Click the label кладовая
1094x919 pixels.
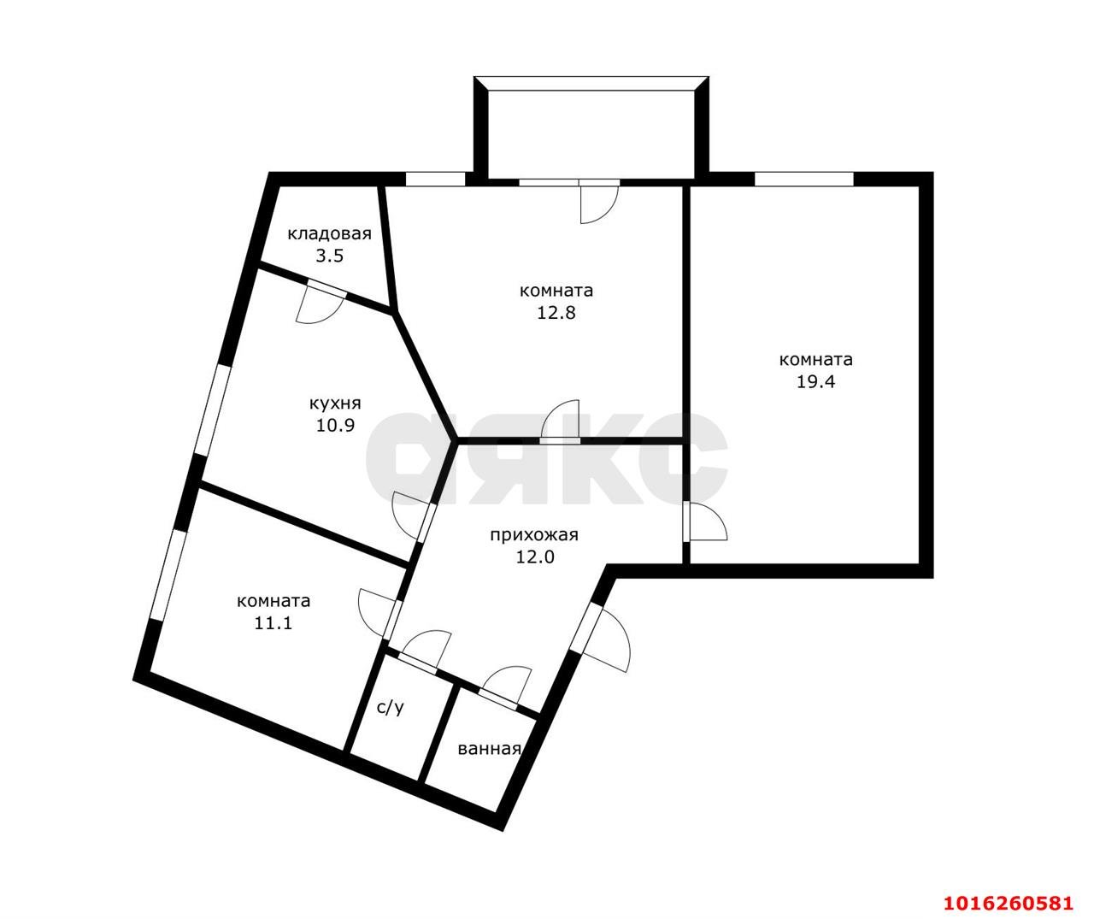[329, 234]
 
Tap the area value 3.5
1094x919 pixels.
[329, 256]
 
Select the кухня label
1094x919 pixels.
[335, 403]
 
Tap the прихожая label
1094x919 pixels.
[534, 535]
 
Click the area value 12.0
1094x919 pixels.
[534, 557]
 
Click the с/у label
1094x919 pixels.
[391, 707]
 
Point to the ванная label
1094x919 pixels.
[489, 749]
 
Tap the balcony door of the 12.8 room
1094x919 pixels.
[597, 200]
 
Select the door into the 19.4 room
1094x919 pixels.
[704, 521]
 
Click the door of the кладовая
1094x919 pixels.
[321, 304]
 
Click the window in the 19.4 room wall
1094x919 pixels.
[803, 179]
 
